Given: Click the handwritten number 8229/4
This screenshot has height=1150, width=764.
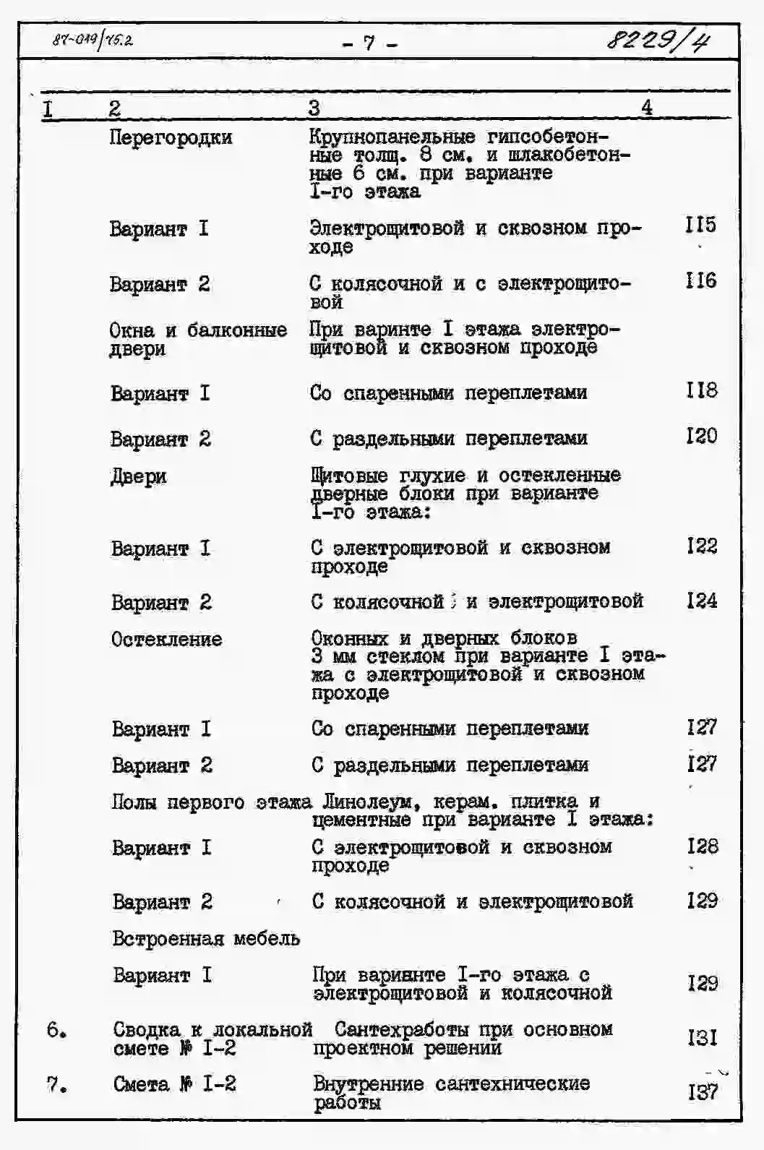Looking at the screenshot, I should (657, 41).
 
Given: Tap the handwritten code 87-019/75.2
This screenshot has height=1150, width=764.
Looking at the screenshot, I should (93, 40).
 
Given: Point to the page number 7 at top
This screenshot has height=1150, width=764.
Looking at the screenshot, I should (369, 43).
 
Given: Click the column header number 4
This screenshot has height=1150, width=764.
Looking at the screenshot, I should (647, 108).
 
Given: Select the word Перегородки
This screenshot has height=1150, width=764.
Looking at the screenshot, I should (171, 137).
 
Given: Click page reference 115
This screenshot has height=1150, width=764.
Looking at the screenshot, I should (700, 225).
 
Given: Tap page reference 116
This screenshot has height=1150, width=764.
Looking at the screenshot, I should (700, 280).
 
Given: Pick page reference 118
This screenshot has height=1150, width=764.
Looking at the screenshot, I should (701, 390).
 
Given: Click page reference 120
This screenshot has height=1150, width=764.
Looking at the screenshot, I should (701, 436).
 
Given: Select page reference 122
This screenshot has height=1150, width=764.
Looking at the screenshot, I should (702, 546).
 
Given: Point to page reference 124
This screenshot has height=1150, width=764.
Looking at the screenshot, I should (702, 601).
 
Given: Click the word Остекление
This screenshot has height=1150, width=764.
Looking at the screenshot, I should (166, 640).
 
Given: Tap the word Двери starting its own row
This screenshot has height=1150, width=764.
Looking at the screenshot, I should (138, 477).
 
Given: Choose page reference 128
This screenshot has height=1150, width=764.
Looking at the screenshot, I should (703, 846).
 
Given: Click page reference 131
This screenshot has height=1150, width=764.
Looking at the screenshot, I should (703, 1038).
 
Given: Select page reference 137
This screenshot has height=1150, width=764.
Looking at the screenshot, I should (703, 1091).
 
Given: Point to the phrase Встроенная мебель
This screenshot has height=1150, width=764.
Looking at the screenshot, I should (206, 939).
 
